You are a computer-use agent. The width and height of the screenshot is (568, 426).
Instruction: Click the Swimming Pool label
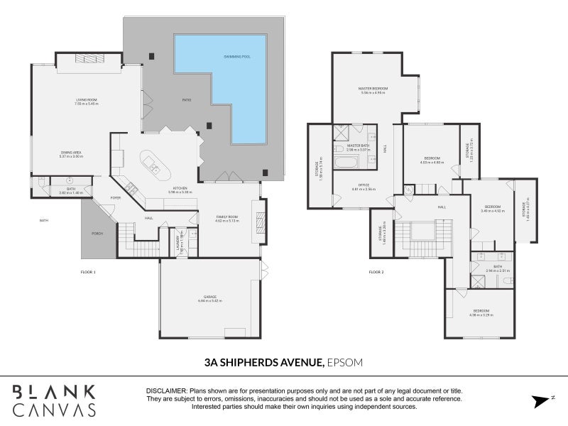click(x=236, y=56)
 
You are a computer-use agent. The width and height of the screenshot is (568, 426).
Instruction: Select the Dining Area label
click(x=72, y=154)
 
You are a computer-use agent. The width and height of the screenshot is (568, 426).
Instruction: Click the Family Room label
click(x=227, y=217)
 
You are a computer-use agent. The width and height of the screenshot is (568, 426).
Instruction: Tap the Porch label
click(x=98, y=233)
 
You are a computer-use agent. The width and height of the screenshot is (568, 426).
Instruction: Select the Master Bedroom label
click(x=372, y=89)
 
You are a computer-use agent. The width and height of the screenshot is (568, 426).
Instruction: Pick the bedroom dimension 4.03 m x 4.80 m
click(x=432, y=163)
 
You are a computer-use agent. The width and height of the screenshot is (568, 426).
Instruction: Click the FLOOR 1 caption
click(x=88, y=272)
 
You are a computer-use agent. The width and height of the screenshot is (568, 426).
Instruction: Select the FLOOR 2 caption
click(x=376, y=272)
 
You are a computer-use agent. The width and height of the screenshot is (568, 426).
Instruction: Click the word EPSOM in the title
click(x=345, y=362)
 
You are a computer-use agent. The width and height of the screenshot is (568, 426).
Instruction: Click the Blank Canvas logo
click(x=54, y=400)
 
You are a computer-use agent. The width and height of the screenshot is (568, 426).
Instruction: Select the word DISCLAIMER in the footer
click(x=165, y=391)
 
